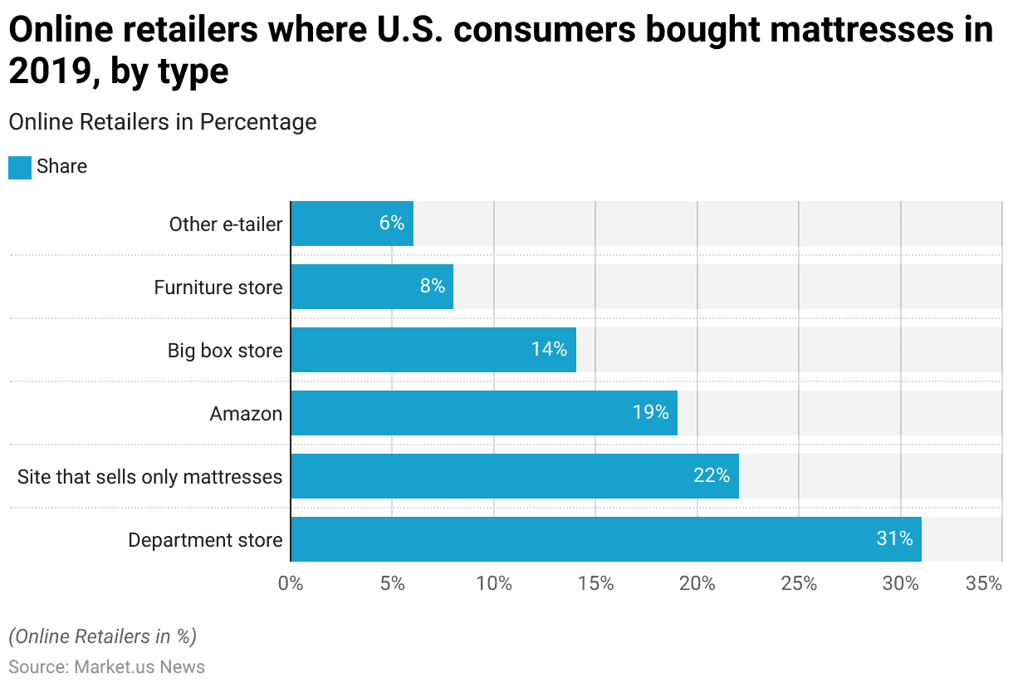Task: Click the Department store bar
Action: click(606, 539)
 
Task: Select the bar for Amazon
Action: click(484, 413)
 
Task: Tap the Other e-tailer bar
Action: click(352, 224)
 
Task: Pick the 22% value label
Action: click(712, 476)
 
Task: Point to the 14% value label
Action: click(549, 350)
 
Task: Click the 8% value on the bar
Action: click(433, 287)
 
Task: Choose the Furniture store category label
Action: click(218, 287)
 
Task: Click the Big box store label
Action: click(224, 351)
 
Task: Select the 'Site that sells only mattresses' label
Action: click(149, 477)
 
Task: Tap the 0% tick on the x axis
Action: click(291, 584)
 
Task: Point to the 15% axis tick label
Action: click(595, 584)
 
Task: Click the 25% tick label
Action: click(799, 584)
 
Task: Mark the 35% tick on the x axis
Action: click(984, 584)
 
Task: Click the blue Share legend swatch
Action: click(20, 167)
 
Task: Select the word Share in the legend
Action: click(61, 167)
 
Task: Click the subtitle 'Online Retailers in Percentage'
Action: click(163, 122)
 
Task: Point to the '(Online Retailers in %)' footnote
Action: click(102, 636)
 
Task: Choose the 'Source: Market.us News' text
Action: click(106, 667)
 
